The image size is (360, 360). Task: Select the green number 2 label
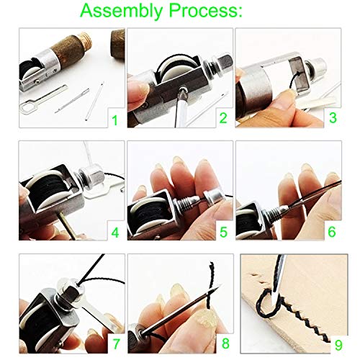click(224, 117)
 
